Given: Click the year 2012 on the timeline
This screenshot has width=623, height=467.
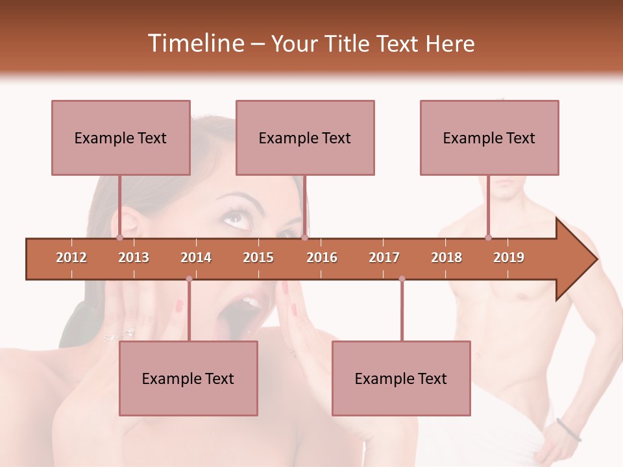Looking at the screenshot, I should click(71, 257).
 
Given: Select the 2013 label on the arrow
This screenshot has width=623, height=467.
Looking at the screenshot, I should click(134, 257).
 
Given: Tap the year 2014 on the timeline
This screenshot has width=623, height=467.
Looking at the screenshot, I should click(196, 257).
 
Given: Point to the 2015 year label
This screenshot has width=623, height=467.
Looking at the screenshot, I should click(258, 257).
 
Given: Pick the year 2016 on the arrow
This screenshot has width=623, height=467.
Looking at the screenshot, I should click(322, 257).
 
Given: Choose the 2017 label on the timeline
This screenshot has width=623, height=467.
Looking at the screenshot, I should click(384, 257).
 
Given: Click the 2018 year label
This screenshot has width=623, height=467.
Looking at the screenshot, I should click(446, 257).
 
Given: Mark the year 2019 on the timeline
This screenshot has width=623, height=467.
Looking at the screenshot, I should click(509, 257).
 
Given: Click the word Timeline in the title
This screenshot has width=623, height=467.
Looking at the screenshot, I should click(195, 43).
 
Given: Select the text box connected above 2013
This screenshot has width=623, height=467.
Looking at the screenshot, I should click(121, 138).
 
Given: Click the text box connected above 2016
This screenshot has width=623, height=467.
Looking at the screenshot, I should click(305, 138).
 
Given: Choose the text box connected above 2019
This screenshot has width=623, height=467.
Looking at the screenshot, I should click(489, 138).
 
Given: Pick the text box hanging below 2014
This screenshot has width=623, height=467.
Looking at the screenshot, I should click(188, 378).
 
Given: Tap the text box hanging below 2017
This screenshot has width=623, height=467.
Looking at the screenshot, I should click(401, 378).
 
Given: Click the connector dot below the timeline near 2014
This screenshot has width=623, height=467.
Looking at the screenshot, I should click(189, 279).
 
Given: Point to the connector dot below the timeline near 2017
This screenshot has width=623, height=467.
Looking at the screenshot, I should click(402, 279).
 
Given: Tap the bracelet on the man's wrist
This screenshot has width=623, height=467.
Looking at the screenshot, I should click(568, 429).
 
